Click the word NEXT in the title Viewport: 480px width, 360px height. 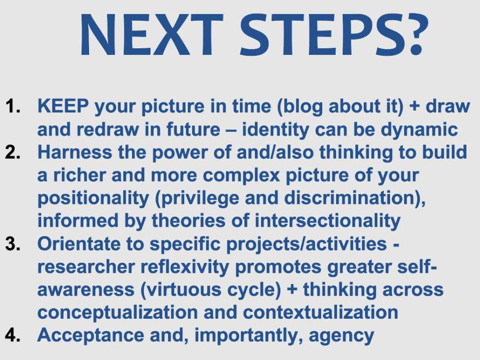[151, 35]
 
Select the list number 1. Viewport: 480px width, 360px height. [13, 106]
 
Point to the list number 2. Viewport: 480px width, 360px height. [13, 152]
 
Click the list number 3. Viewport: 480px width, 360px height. [13, 244]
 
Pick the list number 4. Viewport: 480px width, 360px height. [13, 335]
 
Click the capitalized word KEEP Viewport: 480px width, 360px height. [63, 106]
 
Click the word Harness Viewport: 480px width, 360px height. [75, 152]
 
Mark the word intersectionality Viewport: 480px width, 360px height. [328, 221]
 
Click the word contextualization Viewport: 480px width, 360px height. [321, 313]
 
